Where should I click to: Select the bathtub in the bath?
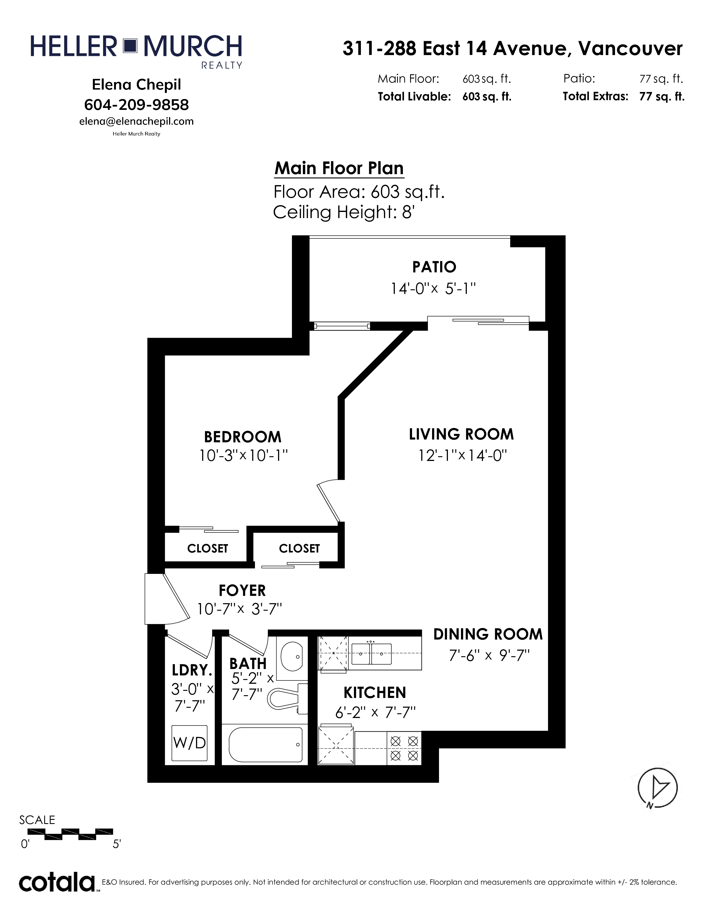click(266, 744)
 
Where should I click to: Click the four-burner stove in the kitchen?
click(404, 748)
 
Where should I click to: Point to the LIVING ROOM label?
click(461, 434)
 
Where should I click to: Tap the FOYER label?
click(242, 591)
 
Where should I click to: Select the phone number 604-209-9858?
click(137, 105)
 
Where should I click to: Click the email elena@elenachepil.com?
click(137, 122)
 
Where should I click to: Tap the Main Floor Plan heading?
click(339, 168)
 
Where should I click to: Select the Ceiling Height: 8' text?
click(344, 212)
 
